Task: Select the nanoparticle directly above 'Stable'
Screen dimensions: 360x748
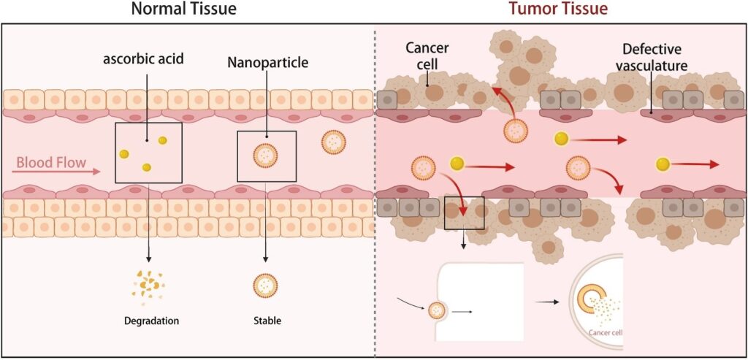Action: pos(265,284)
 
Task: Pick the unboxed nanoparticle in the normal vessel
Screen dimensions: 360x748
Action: pos(334,143)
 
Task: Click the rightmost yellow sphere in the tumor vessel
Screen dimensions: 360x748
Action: pos(662,164)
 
